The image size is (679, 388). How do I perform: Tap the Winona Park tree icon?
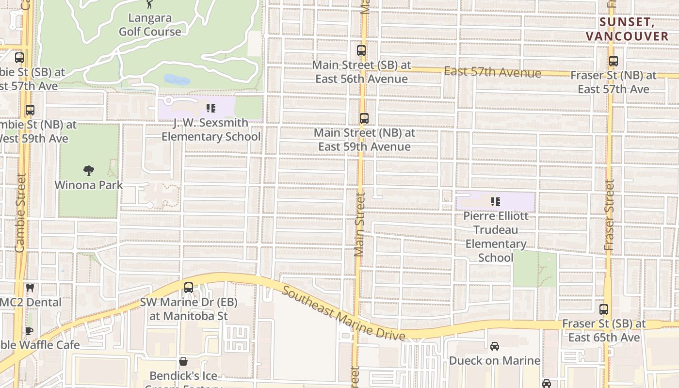point(88,170)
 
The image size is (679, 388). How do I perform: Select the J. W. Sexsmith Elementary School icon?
point(211,108)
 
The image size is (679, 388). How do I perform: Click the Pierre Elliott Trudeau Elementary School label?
point(496,237)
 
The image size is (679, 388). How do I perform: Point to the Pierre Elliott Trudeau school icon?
point(495,201)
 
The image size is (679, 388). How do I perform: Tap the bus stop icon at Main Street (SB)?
point(361,50)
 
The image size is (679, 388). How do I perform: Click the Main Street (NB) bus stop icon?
point(364,118)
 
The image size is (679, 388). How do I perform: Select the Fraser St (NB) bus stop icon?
point(614,61)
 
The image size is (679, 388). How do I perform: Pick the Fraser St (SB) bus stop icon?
point(604,309)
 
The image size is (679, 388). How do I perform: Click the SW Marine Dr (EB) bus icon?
point(189,287)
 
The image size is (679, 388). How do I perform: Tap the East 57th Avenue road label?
point(492,72)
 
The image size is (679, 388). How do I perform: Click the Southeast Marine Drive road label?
point(343,313)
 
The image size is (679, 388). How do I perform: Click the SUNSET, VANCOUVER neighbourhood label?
point(627,29)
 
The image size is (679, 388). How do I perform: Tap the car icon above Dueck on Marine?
point(494,346)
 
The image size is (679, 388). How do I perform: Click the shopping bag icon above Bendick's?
point(183,361)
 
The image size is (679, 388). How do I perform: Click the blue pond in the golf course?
point(177,80)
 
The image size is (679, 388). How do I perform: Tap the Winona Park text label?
point(89,185)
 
